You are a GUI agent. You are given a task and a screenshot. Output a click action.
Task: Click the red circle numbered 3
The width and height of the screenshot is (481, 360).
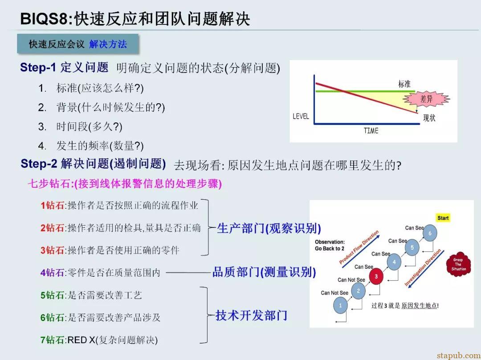[376, 276]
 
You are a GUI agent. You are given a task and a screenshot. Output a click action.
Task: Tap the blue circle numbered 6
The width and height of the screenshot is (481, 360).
[430, 233]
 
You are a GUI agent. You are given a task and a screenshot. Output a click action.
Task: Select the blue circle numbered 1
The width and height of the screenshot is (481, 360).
[340, 305]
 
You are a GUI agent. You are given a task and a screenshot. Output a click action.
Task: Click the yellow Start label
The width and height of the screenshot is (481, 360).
[443, 218]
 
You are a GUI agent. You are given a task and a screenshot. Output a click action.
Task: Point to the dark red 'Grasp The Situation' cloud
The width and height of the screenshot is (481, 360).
[458, 264]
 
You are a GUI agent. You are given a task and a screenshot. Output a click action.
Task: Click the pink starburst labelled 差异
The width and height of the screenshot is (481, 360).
[426, 99]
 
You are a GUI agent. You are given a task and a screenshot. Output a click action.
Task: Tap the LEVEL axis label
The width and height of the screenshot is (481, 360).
[301, 116]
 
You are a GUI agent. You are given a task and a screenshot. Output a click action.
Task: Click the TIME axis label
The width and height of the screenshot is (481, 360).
[371, 131]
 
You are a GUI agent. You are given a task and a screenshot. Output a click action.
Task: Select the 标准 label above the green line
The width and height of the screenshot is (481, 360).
[404, 84]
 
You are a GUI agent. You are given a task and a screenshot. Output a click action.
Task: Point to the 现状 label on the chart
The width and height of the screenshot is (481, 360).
[429, 117]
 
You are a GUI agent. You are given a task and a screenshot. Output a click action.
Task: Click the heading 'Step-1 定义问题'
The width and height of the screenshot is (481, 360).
[64, 67]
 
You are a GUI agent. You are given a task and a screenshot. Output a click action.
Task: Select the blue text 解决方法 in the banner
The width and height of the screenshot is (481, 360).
[108, 44]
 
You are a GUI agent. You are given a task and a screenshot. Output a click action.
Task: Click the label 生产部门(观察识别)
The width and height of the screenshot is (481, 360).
[269, 228]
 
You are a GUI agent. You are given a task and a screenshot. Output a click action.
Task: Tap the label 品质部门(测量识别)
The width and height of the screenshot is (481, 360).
[264, 272]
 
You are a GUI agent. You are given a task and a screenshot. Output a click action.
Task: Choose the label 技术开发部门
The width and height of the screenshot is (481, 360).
[251, 315]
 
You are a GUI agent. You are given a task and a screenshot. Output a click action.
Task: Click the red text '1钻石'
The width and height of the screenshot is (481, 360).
[53, 205]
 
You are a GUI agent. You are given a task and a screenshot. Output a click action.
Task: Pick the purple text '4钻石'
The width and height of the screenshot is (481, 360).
[53, 272]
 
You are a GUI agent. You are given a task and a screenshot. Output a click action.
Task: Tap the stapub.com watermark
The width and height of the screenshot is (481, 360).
[459, 356]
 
